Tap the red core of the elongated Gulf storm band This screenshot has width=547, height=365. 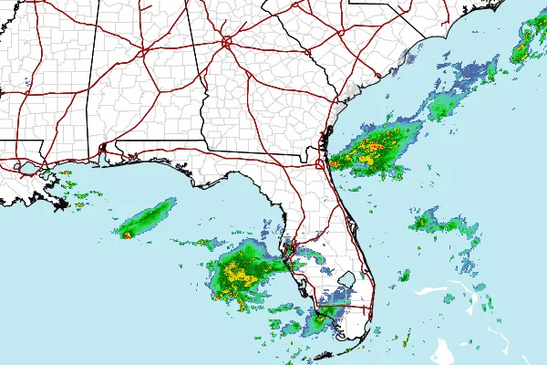127,235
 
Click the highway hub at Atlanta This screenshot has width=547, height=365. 225,41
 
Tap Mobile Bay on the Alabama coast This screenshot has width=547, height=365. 101,155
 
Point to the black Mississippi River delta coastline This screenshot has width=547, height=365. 57,199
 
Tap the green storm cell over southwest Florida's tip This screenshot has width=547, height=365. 319,321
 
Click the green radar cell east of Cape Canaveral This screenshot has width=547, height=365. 427,222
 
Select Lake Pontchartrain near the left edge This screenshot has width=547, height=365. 26,168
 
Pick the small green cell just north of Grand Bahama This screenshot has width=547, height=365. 403,274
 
